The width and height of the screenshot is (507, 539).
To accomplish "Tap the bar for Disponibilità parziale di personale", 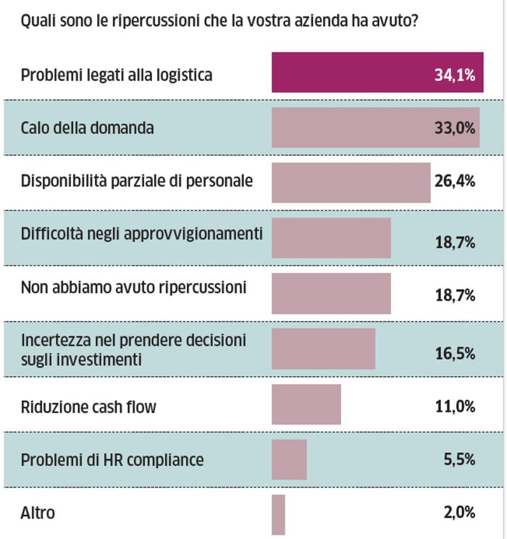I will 351,182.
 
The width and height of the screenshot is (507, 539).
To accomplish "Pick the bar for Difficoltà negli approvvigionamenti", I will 331,238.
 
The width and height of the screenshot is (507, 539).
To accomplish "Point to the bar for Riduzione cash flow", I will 306,404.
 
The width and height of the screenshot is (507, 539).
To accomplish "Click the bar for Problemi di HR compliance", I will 289,459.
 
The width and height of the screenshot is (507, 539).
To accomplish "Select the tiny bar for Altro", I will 278,514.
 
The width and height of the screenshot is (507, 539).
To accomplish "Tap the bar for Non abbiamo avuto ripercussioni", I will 331,293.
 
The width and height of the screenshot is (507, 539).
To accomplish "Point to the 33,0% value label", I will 454,128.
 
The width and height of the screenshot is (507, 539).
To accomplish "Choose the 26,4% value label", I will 454,181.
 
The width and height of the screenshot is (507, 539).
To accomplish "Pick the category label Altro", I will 38,514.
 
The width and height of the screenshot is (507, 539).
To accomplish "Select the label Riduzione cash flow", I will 88,407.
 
